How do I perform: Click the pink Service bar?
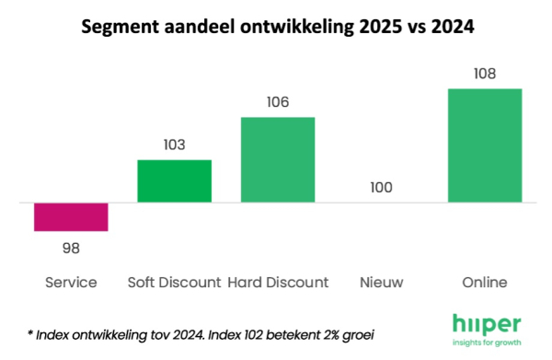[x=71, y=216]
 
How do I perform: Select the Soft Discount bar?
[x=174, y=180]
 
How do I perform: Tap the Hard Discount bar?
[x=278, y=159]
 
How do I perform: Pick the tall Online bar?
[x=485, y=145]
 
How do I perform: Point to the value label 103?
[x=174, y=145]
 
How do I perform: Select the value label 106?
[x=278, y=102]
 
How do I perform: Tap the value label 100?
[x=381, y=188]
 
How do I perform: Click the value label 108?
[x=485, y=74]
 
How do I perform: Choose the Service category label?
[x=71, y=282]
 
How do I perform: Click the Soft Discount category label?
[x=174, y=282]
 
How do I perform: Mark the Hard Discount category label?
[x=278, y=282]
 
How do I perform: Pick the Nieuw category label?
[x=381, y=282]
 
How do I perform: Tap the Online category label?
[x=485, y=282]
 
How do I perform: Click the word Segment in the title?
[x=117, y=26]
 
